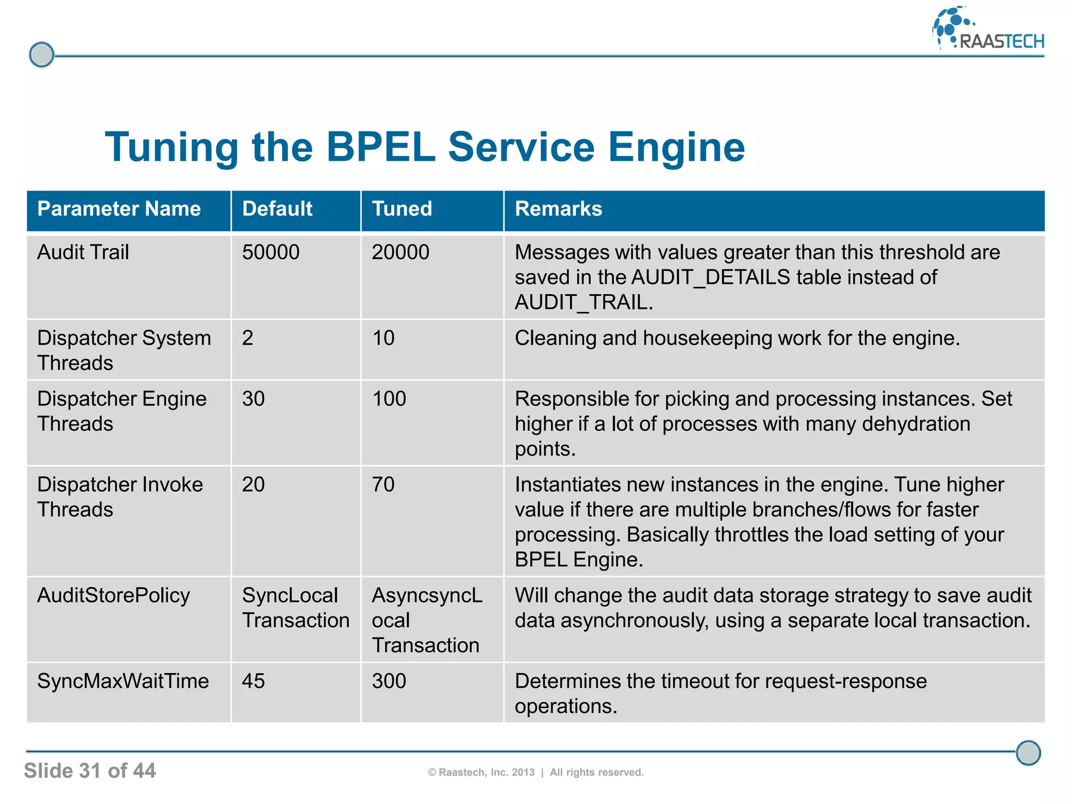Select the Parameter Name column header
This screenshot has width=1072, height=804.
119,209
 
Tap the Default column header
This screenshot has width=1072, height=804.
277,209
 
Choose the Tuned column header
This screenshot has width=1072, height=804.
401,209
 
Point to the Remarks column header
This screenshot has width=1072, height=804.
558,209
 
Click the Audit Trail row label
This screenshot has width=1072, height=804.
83,252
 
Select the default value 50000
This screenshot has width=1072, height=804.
271,252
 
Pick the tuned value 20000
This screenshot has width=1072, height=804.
400,252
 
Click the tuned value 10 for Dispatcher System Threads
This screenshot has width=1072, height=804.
383,338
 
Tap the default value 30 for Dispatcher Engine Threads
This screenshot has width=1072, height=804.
253,399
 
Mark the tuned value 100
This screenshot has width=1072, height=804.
389,399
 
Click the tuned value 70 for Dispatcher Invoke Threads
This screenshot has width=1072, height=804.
383,485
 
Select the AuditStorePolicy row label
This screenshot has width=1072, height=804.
114,596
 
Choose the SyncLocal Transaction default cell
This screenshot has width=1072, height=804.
295,608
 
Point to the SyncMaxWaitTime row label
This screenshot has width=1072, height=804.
123,682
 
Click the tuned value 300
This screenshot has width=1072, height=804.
389,682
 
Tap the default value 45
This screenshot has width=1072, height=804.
253,682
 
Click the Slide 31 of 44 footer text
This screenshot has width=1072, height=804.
90,771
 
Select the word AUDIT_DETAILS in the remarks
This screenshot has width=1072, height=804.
710,277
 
